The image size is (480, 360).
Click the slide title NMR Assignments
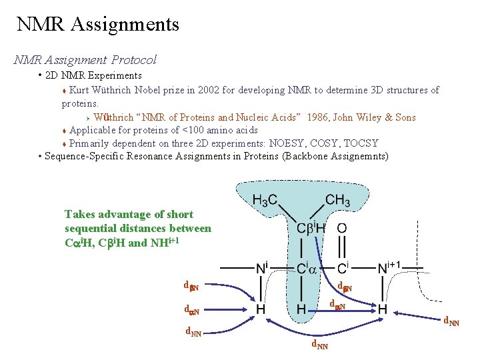tap(98, 25)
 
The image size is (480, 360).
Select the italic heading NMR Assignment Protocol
tap(85, 60)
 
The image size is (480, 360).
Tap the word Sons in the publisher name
tap(405, 117)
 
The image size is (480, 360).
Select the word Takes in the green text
tap(79, 214)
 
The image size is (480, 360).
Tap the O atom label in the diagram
tap(342, 228)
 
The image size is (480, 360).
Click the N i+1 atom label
tap(388, 267)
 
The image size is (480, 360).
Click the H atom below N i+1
tap(383, 310)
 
